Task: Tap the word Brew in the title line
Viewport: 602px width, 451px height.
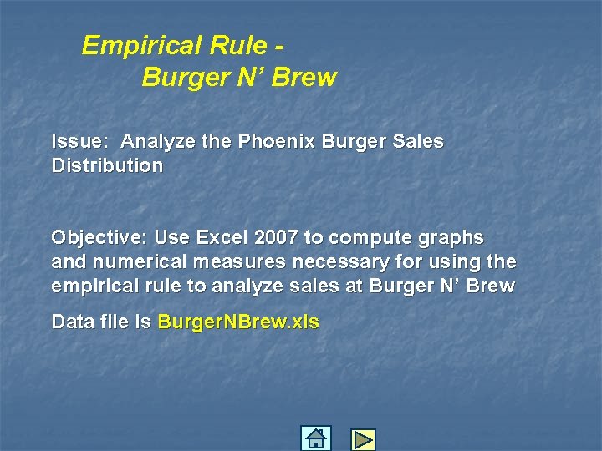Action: point(304,78)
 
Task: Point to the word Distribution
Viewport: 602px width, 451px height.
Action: point(107,165)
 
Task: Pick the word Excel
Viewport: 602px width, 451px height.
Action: point(221,237)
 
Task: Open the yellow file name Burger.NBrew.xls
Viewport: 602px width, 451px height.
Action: point(238,322)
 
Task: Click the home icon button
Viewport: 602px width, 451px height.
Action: point(316,438)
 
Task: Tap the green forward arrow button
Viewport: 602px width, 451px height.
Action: point(363,439)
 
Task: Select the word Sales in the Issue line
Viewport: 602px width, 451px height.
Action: point(418,141)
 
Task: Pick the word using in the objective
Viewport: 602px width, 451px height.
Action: point(452,262)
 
